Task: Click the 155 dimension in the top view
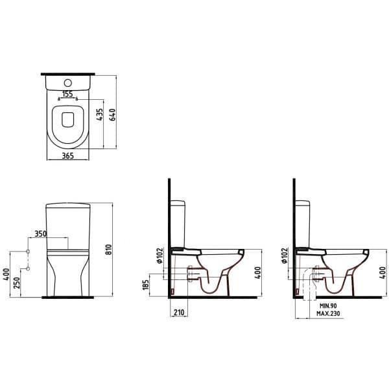click(67, 94)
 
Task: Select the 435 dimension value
click(99, 114)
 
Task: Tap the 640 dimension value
click(112, 115)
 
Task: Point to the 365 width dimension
click(67, 156)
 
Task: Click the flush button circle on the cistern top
click(68, 83)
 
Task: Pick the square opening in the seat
click(68, 120)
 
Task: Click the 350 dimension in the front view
click(40, 233)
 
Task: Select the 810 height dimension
click(109, 250)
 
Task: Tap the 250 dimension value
click(17, 283)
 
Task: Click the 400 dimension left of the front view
click(6, 274)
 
